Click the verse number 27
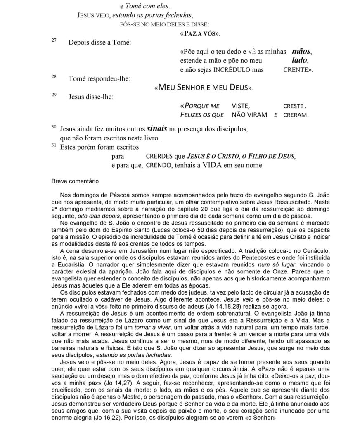coord(54,41)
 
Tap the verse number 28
coord(54,77)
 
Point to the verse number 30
coord(54,127)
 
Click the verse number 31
coord(54,145)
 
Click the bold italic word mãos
coord(301,52)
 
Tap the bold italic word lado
coord(296,61)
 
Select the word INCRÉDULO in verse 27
coord(233,70)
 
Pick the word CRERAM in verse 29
coord(296,115)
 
